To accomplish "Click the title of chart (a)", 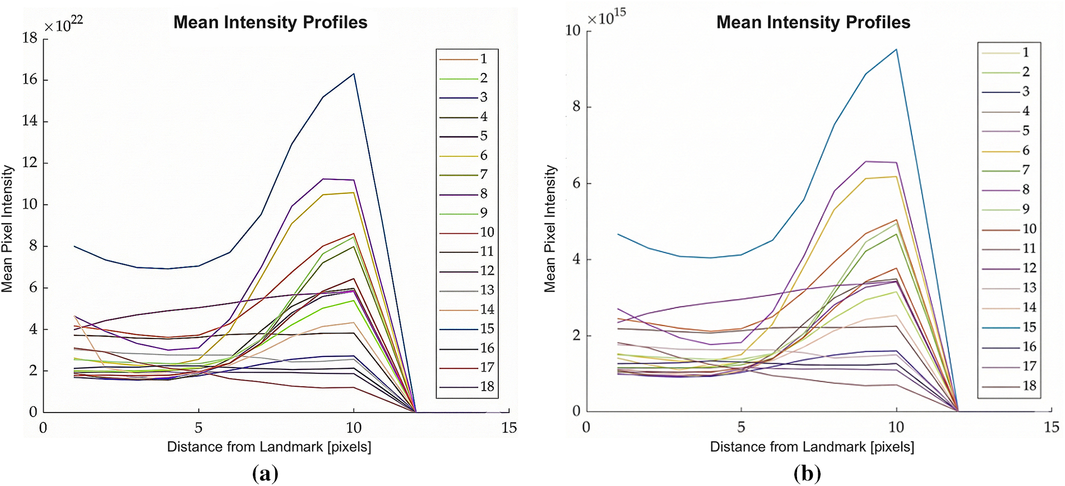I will (x=270, y=22).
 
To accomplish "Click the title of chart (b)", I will (x=813, y=22).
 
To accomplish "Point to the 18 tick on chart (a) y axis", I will (x=30, y=38).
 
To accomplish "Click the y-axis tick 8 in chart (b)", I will (x=576, y=107).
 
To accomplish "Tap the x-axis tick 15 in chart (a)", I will (x=509, y=428).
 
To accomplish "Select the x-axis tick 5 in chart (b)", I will (x=741, y=428).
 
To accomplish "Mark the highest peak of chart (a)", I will (x=354, y=73).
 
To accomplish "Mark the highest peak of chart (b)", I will (x=896, y=49).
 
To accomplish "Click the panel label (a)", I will (x=265, y=474).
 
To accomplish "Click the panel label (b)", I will (x=807, y=474).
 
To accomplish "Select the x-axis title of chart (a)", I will (x=269, y=447).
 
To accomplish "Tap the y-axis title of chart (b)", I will (x=550, y=228).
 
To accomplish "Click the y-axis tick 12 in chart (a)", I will (x=30, y=163).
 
